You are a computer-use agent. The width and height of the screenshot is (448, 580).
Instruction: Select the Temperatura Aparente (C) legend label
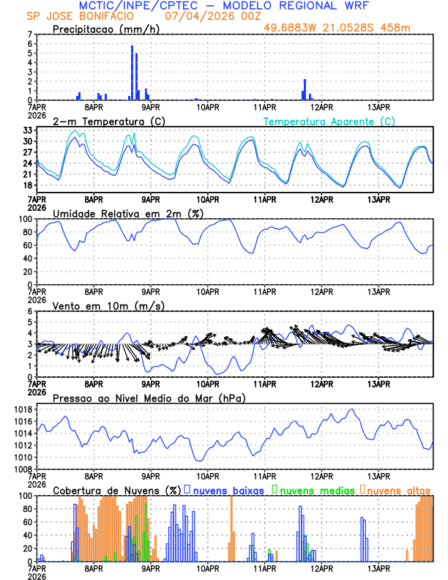point(329,121)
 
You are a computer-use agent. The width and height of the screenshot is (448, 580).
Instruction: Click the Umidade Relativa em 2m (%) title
point(127,213)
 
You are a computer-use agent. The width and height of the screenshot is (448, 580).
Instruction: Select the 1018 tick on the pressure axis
point(21,409)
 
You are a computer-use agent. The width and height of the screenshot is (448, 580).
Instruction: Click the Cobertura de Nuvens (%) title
point(116,490)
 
